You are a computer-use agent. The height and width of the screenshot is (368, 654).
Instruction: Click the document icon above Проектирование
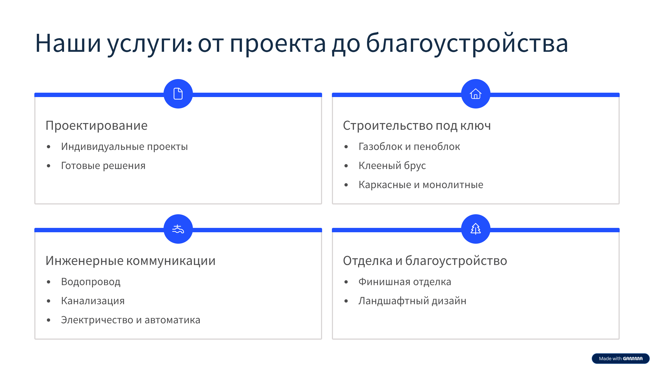click(178, 94)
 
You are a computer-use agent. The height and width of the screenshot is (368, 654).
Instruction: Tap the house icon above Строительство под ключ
click(476, 94)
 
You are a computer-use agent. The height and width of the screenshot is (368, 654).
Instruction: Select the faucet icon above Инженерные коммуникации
click(178, 229)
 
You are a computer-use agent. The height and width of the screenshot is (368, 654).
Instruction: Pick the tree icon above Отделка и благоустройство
click(476, 229)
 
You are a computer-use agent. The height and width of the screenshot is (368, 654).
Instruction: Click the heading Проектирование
click(96, 126)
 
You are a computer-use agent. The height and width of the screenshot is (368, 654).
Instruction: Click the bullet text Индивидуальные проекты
click(124, 147)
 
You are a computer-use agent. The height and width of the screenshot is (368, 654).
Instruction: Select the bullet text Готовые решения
click(103, 166)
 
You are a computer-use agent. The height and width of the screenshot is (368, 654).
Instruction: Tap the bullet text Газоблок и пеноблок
click(409, 147)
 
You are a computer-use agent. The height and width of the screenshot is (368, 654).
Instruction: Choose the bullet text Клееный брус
click(392, 166)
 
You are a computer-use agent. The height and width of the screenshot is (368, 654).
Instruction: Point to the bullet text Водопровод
click(90, 282)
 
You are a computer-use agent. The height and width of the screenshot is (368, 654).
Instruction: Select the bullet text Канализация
click(93, 301)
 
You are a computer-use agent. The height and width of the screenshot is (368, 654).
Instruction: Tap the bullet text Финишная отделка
click(405, 282)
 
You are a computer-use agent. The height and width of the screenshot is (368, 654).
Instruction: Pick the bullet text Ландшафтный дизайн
click(412, 301)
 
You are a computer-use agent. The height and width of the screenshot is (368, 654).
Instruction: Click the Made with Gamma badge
click(620, 358)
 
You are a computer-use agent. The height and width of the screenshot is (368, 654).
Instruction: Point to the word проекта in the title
click(278, 44)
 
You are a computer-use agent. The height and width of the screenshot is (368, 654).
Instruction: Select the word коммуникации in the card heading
click(171, 261)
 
